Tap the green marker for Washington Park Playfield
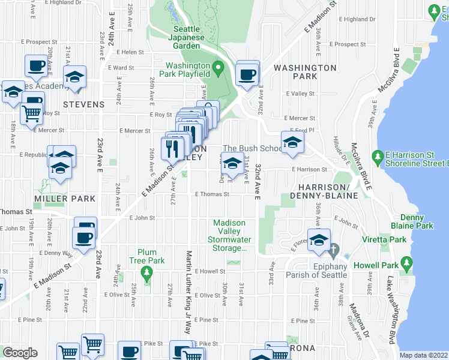(x=218, y=65)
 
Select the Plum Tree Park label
(x=151, y=256)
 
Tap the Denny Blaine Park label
(x=416, y=221)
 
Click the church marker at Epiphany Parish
(x=337, y=248)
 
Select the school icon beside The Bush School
(x=292, y=142)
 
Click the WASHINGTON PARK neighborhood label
(x=305, y=72)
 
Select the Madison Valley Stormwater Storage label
(x=230, y=235)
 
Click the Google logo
(x=20, y=352)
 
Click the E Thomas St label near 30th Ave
(x=212, y=194)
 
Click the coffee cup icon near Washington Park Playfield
(x=247, y=74)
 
